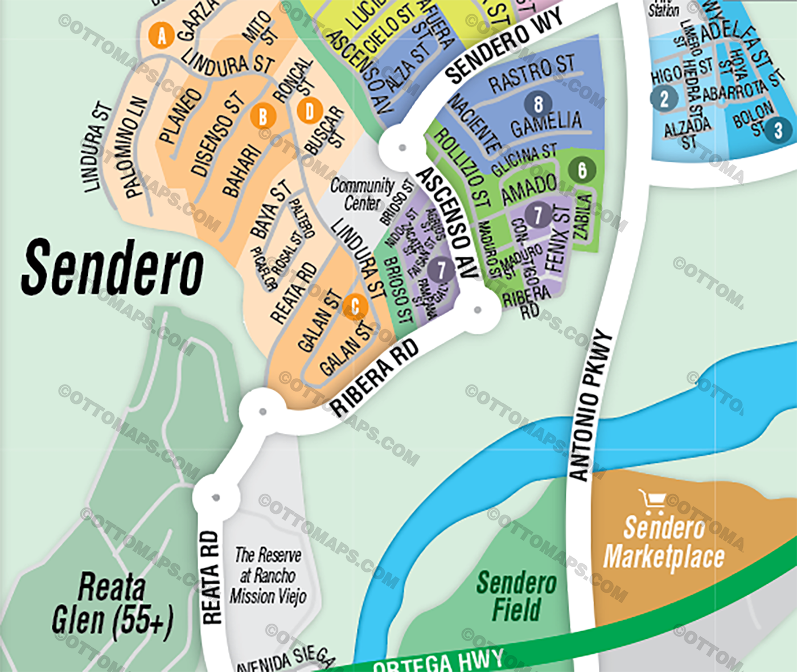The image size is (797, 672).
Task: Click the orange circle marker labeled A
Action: coord(161,36)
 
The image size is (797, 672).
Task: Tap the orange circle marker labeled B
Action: coord(263,117)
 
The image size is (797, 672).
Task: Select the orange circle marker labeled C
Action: coord(355,307)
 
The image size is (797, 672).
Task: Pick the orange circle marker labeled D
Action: coord(310,111)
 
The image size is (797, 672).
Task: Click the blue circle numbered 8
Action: coord(538,104)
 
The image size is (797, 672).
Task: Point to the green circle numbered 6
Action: coord(582,170)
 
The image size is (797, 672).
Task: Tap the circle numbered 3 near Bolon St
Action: coord(778,130)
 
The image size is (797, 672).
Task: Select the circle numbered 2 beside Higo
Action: coord(664,99)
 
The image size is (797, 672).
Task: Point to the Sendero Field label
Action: coord(516,596)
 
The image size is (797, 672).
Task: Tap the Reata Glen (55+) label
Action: coord(112,604)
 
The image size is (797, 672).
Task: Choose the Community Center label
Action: coord(363,194)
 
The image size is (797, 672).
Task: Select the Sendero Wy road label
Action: coord(503,46)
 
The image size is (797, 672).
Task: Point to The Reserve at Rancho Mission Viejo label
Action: coord(268,575)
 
